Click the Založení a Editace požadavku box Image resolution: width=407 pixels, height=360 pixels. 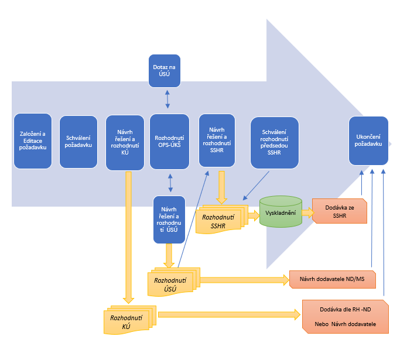(33, 142)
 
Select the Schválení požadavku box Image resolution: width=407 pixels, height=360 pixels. (78, 142)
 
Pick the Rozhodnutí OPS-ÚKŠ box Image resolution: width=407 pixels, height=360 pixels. (169, 142)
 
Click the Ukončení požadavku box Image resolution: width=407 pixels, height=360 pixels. (368, 140)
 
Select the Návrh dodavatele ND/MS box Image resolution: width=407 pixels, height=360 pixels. (332, 279)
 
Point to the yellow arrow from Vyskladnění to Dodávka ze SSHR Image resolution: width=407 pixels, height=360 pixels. (307, 211)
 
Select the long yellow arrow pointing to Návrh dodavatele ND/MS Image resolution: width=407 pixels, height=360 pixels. (245, 280)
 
